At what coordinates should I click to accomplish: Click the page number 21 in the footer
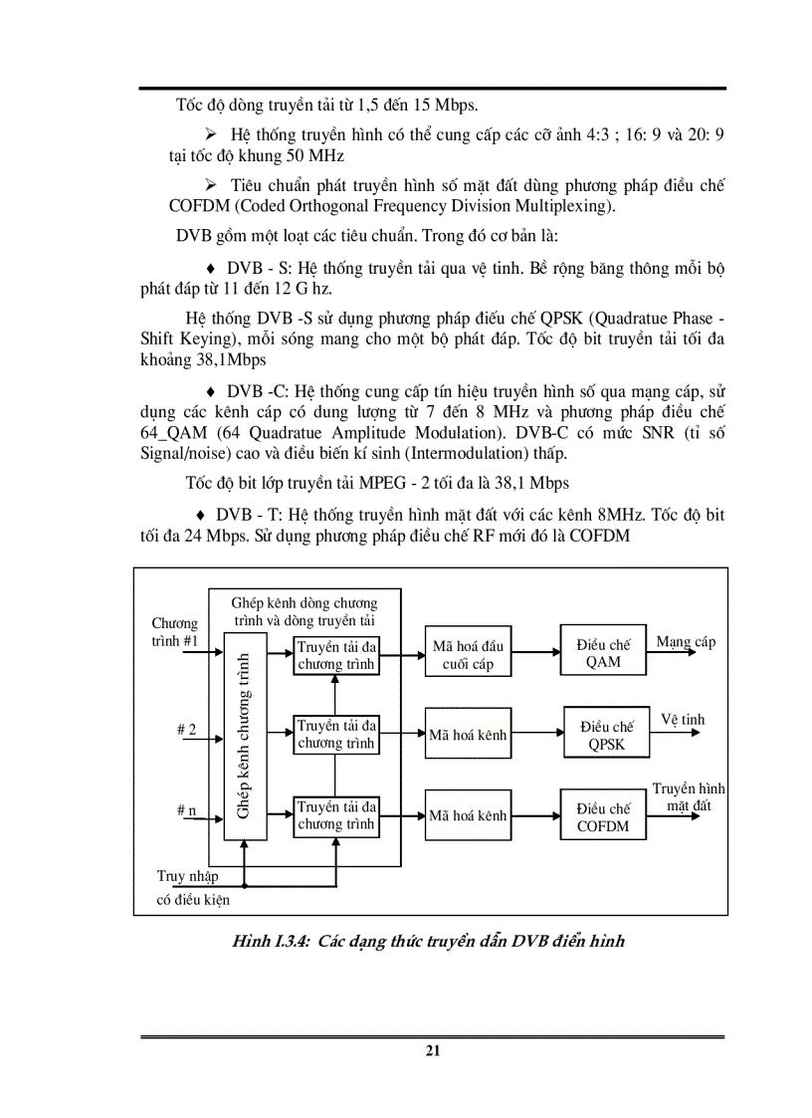(432, 1050)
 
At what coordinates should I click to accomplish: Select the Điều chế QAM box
(603, 653)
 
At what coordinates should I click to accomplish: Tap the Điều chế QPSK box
(607, 735)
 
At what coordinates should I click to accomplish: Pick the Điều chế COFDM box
(603, 816)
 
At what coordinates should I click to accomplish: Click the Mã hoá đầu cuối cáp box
(468, 654)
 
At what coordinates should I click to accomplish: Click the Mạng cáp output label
(686, 642)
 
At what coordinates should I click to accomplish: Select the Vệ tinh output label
(683, 720)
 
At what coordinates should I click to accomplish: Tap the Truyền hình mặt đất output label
(689, 796)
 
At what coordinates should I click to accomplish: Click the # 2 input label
(186, 730)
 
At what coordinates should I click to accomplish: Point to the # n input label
(186, 810)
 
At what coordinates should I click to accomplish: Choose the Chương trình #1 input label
(175, 632)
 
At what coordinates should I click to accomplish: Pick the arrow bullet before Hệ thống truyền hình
(210, 132)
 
